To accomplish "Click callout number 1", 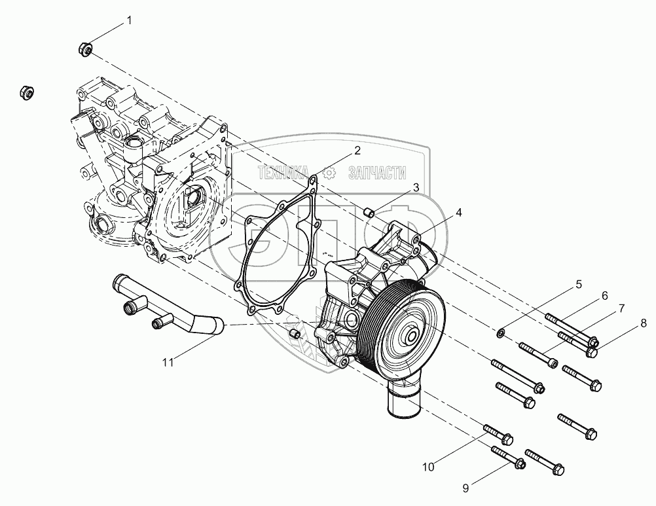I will pyautogui.click(x=129, y=20).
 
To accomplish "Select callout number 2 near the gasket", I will pyautogui.click(x=357, y=151).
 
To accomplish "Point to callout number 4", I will pyautogui.click(x=459, y=212).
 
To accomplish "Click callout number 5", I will pyautogui.click(x=577, y=284).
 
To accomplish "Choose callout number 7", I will pyautogui.click(x=621, y=308).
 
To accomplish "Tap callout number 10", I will pyautogui.click(x=428, y=467).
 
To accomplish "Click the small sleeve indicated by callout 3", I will pyautogui.click(x=369, y=211).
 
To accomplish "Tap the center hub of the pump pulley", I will pyautogui.click(x=411, y=338).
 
